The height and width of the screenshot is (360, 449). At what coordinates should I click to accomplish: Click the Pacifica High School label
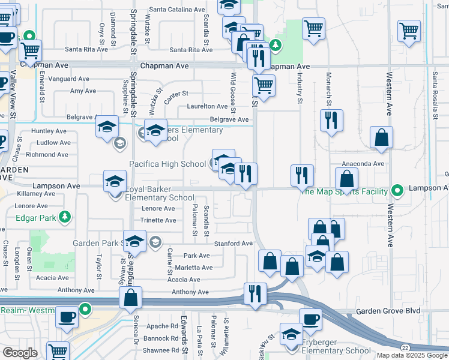[x=168, y=164]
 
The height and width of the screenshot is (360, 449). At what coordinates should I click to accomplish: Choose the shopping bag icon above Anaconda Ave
[x=381, y=137]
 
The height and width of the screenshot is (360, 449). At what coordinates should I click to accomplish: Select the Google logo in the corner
[x=20, y=353]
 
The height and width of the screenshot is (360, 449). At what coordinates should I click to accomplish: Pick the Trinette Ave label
[x=158, y=220]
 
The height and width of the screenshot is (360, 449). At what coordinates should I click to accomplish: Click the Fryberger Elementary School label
[x=328, y=350]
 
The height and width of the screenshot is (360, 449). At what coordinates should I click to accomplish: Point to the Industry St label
[x=299, y=87]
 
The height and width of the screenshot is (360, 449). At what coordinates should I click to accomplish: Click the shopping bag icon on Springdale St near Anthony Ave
[x=130, y=298]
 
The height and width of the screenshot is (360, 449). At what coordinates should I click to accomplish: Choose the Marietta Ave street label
[x=192, y=268]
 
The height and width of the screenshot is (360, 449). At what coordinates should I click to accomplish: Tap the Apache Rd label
[x=162, y=326]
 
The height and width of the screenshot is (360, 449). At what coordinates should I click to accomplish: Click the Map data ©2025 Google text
[x=411, y=355]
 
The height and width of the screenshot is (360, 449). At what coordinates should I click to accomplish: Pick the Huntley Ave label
[x=48, y=131]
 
